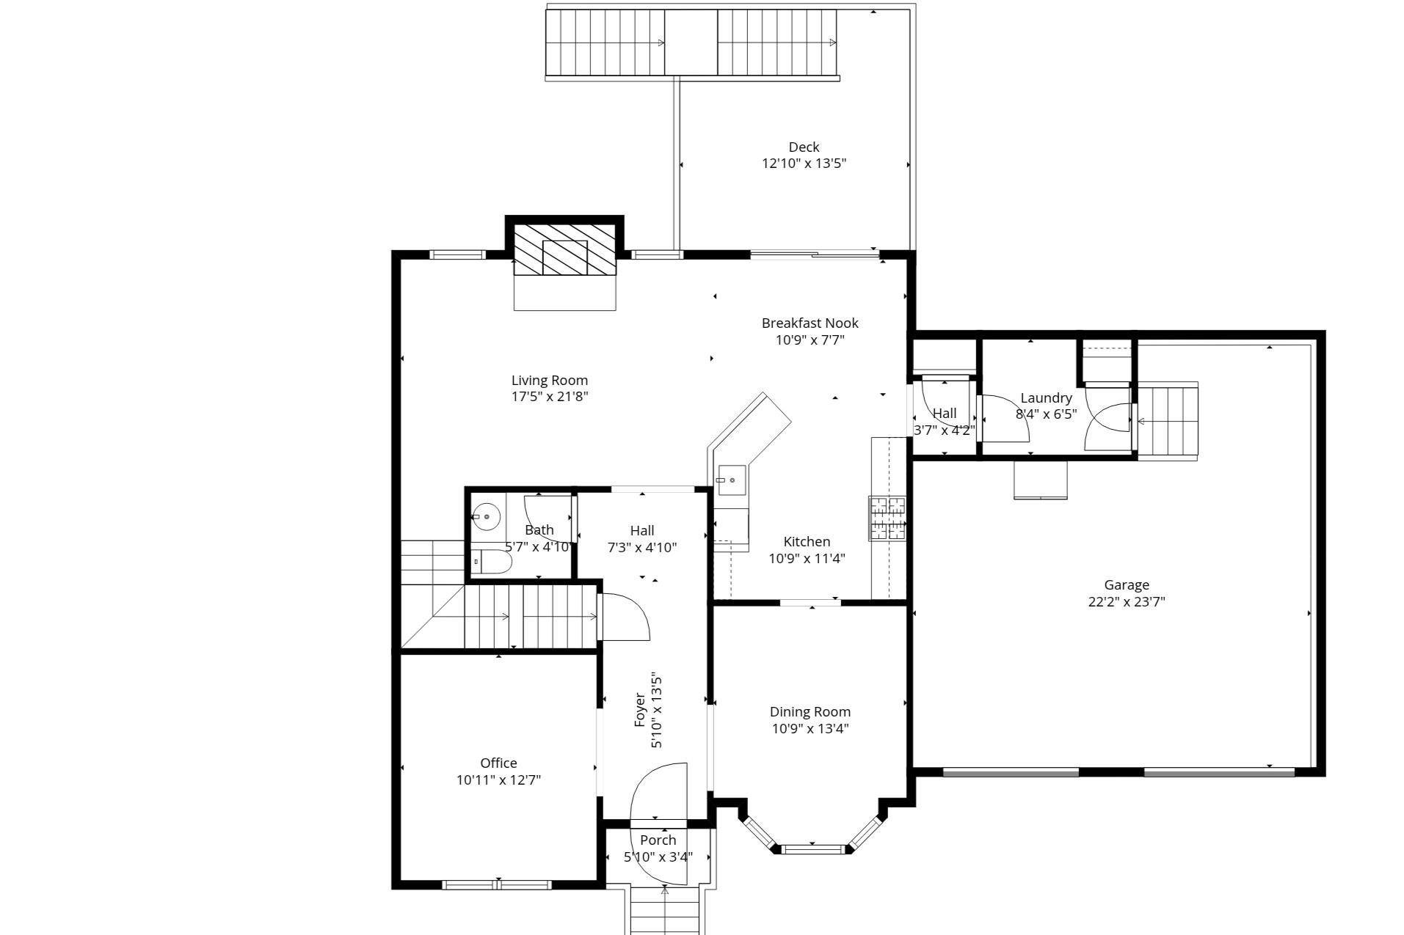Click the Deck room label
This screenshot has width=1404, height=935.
pos(804,147)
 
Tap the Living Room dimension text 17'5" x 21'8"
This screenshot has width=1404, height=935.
pos(550,397)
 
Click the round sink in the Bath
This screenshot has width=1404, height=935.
pos(485,517)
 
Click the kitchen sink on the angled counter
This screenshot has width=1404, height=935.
pos(731,480)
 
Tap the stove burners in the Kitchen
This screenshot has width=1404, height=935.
pos(887,518)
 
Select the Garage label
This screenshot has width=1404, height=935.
pos(1127,585)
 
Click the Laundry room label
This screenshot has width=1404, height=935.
pos(1046,398)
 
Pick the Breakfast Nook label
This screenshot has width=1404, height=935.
pos(810,323)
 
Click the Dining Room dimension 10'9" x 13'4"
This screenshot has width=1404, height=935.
pos(810,728)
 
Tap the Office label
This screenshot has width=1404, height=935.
pos(498,763)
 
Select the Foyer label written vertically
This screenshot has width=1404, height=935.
pos(640,710)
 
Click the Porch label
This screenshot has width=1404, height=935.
pos(658,840)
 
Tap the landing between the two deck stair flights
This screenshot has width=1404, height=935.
pos(691,42)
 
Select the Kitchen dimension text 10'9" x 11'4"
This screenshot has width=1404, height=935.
pos(807,559)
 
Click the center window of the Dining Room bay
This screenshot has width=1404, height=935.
pos(812,850)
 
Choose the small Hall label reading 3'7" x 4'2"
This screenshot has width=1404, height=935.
pos(944,430)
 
